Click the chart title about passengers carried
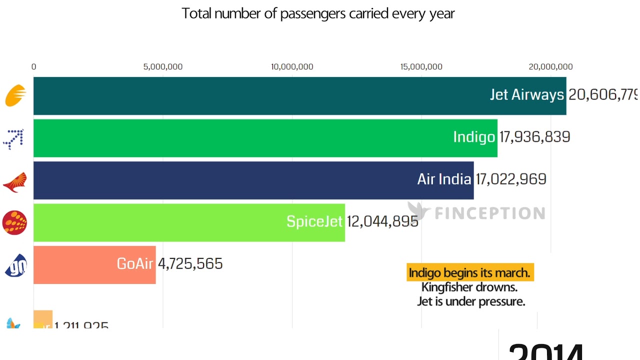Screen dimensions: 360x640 click(318, 13)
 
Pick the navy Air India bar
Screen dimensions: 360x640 click(225, 180)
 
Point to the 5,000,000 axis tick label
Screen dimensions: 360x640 click(163, 66)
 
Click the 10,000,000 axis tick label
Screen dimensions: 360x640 click(292, 66)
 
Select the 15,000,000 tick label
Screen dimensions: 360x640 click(421, 66)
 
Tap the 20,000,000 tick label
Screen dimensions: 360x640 click(550, 66)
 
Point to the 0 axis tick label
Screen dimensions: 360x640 click(33, 66)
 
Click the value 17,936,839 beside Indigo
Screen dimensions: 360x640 click(534, 137)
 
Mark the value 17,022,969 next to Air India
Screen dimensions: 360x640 click(510, 179)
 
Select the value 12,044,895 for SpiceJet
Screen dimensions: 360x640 click(382, 221)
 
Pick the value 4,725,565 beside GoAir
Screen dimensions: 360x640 click(190, 263)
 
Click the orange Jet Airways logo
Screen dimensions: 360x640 click(15, 95)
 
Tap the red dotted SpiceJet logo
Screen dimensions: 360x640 click(14, 222)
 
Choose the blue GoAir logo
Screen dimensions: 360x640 click(15, 265)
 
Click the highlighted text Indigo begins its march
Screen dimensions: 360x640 click(469, 272)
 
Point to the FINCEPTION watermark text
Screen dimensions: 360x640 click(489, 213)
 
